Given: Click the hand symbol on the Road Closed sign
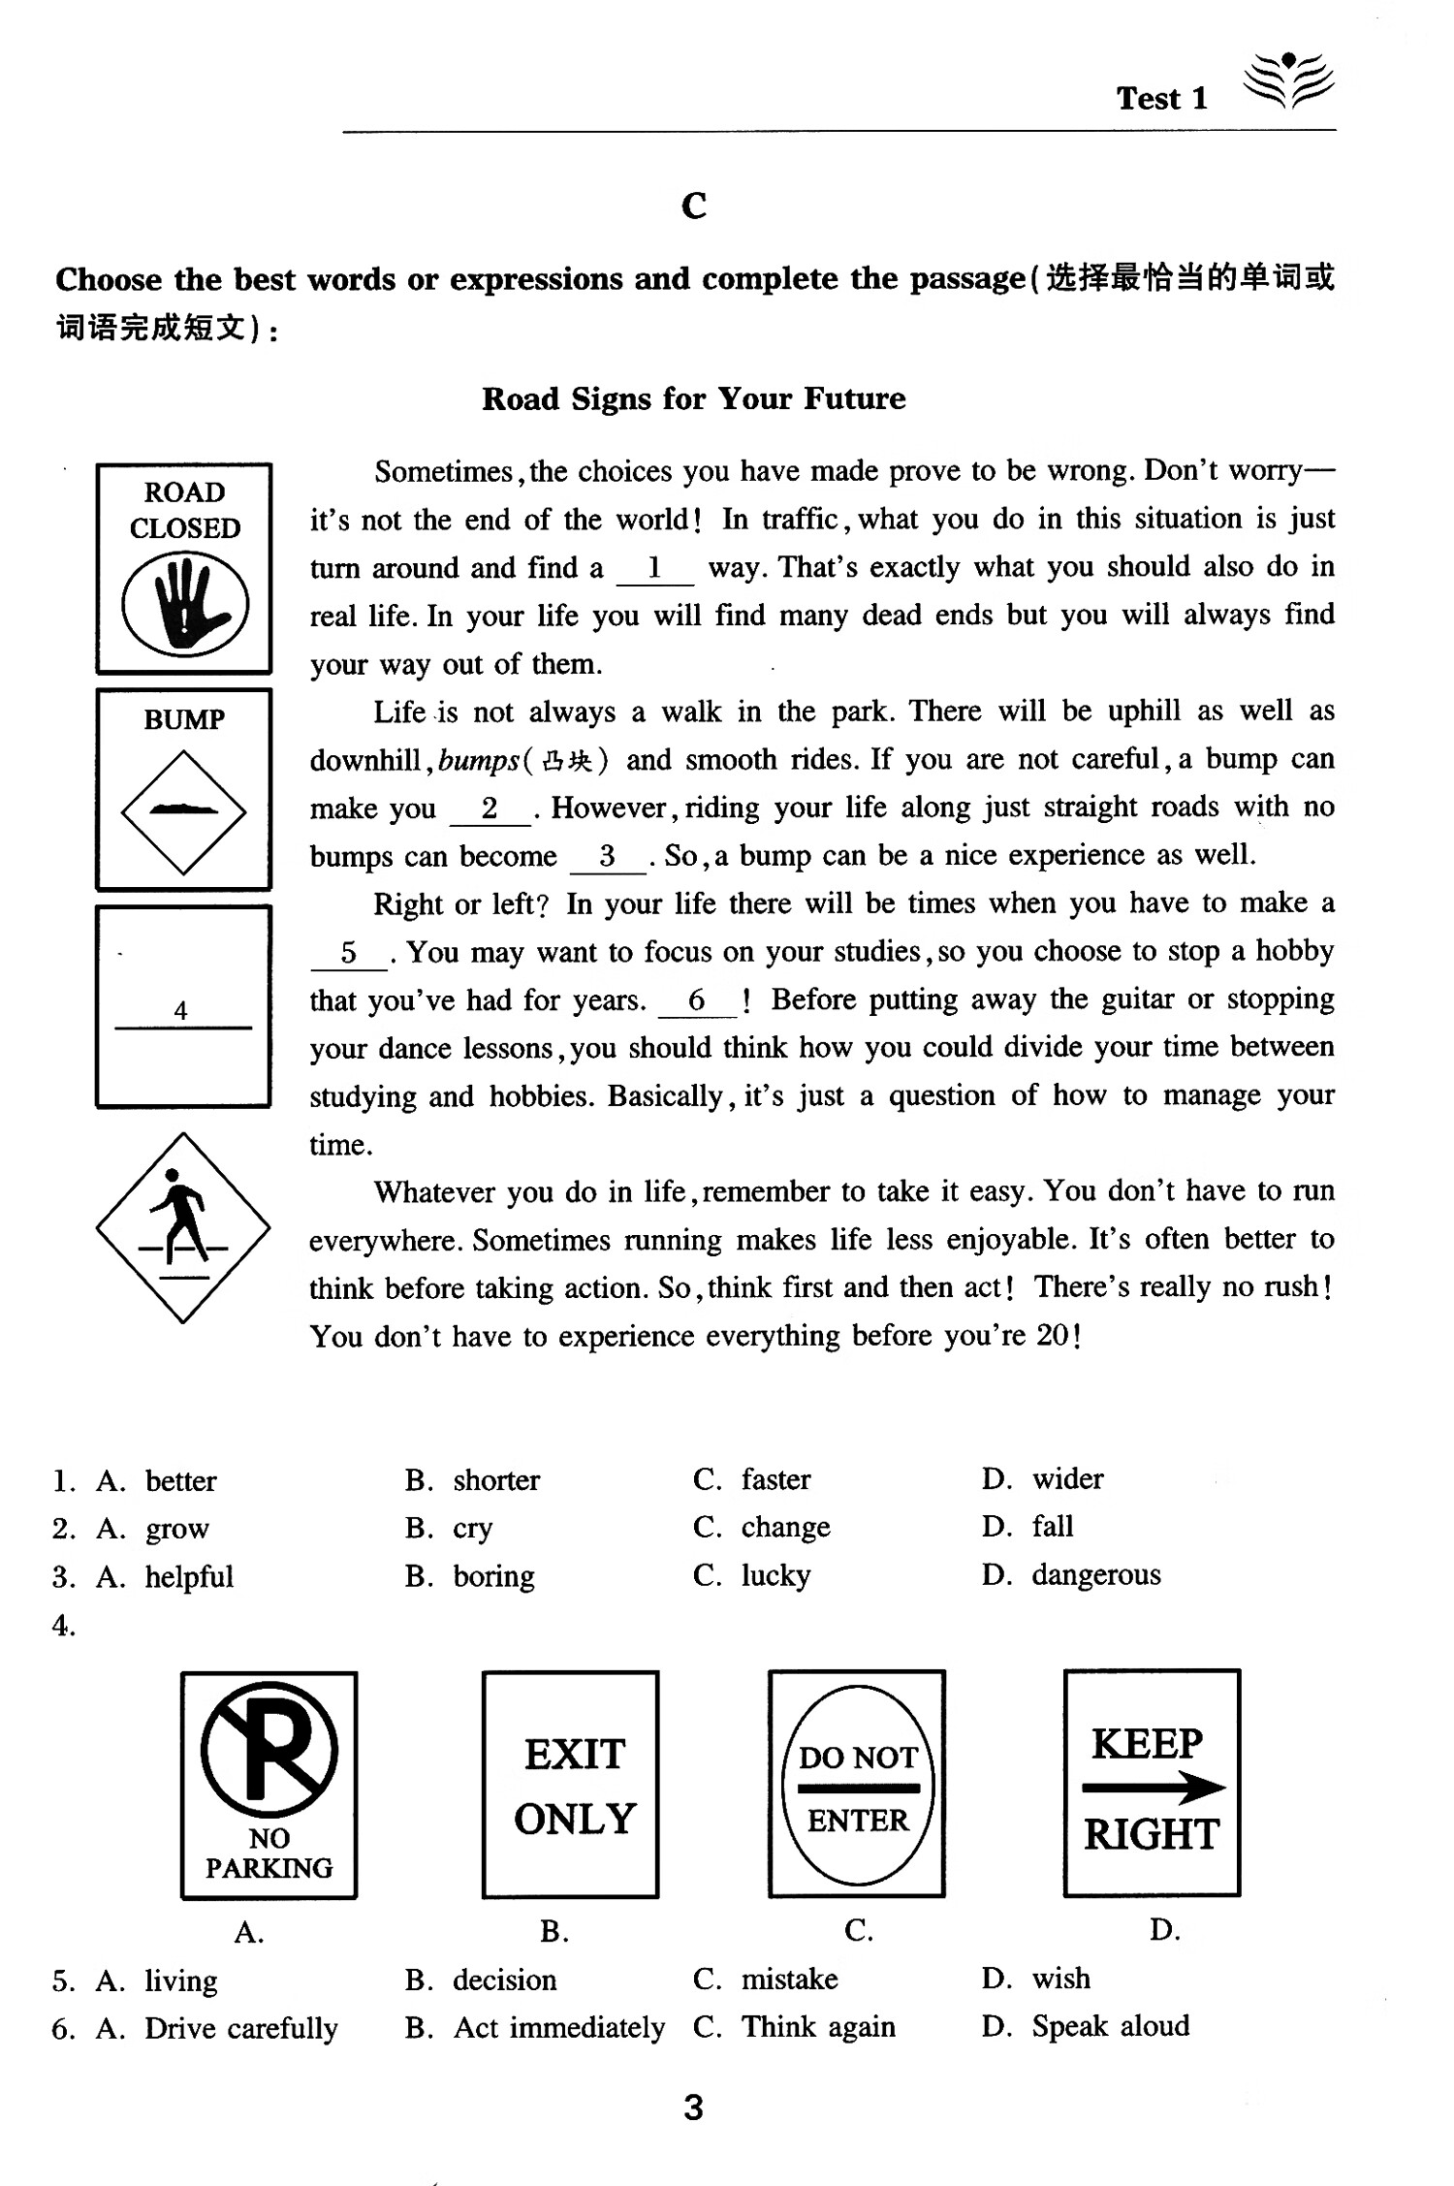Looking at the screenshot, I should click(x=184, y=602).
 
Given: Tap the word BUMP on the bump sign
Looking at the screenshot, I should click(x=183, y=719).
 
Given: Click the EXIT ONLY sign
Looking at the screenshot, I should click(x=571, y=1784).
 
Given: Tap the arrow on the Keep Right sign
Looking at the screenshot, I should click(x=1153, y=1788).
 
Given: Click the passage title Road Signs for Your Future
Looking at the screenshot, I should click(x=693, y=398).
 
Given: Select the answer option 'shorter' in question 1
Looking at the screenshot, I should click(x=495, y=1479).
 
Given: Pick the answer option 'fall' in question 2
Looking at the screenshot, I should click(x=1052, y=1527).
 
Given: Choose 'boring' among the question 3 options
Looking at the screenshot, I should click(x=493, y=1575).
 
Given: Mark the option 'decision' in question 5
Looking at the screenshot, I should click(x=504, y=1979).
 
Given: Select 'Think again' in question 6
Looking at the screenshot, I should click(x=817, y=2026).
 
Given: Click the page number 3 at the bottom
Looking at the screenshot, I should click(x=693, y=2107).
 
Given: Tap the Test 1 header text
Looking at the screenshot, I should click(x=1161, y=98).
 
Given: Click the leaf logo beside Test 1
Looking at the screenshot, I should click(x=1288, y=80).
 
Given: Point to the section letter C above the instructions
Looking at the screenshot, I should click(x=694, y=206).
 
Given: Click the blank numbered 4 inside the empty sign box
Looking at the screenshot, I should click(x=182, y=1012).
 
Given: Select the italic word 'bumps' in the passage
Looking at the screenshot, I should click(x=479, y=760).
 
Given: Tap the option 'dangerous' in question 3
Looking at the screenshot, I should click(x=1095, y=1574).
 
